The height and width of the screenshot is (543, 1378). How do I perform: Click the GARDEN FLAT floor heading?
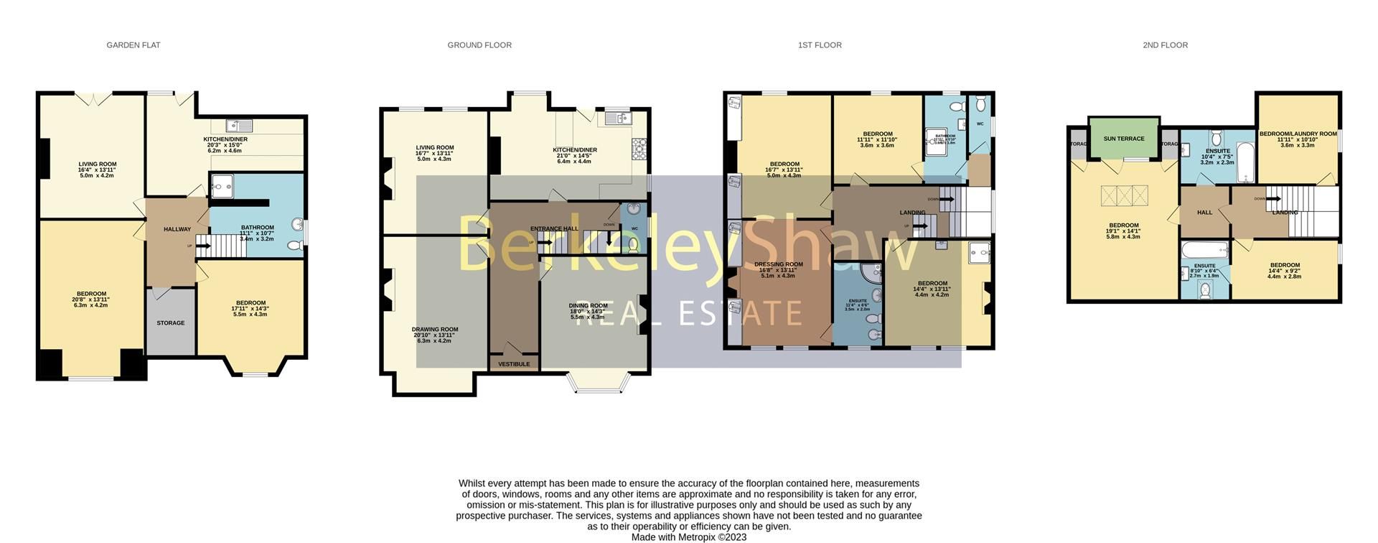click(133, 45)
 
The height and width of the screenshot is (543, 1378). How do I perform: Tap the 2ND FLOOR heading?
click(1165, 45)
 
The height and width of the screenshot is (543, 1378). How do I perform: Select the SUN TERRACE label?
click(1124, 139)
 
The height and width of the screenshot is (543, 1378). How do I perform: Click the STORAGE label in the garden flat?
click(171, 323)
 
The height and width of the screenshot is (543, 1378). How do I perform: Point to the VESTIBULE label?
click(514, 364)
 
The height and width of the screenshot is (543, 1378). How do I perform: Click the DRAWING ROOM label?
click(435, 330)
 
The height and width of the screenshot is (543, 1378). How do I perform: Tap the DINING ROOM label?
click(589, 306)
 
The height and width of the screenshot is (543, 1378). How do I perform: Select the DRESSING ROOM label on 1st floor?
click(779, 264)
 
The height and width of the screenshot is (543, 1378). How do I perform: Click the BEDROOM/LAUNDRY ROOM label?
click(1298, 134)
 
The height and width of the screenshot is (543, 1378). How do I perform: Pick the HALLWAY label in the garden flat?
click(177, 229)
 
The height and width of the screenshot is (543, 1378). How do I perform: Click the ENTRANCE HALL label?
click(554, 229)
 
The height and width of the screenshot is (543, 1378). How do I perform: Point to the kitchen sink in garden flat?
click(235, 126)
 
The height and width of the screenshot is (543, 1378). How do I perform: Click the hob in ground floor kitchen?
click(638, 149)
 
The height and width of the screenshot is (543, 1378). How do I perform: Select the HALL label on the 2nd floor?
click(1204, 213)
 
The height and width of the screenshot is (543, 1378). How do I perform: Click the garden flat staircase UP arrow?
click(202, 246)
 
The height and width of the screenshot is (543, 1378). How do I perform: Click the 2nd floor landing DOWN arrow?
click(1273, 199)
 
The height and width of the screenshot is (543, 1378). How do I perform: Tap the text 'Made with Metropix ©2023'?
click(688, 537)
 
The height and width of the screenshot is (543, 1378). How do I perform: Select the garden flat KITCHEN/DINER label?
click(225, 139)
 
